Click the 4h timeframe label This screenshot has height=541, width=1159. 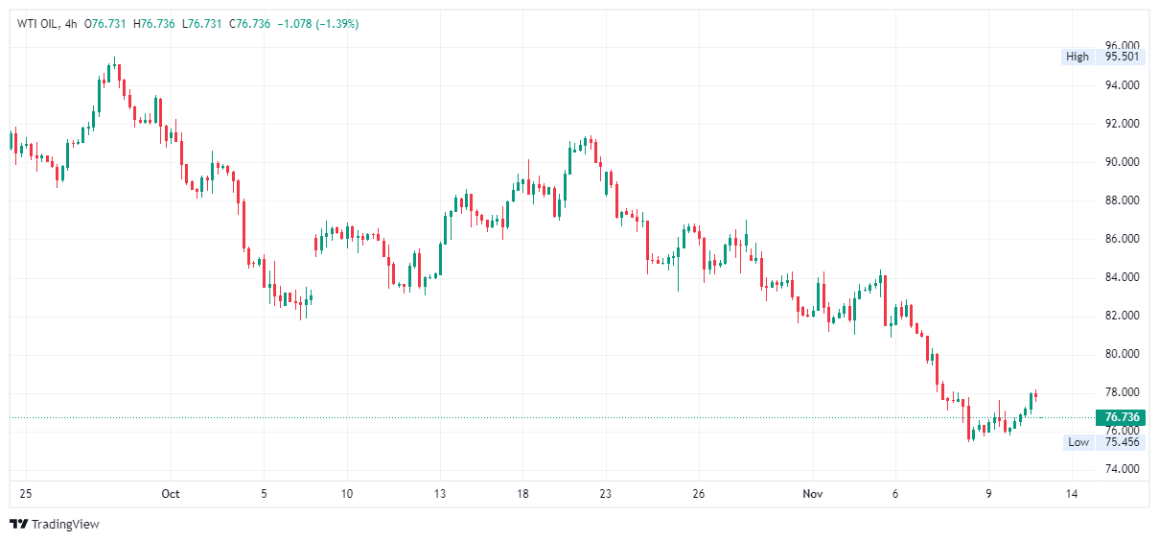tap(71, 24)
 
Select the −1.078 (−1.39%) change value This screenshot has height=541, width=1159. tap(317, 24)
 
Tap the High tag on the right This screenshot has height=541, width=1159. tap(1078, 57)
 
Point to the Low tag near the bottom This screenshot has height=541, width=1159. tap(1078, 442)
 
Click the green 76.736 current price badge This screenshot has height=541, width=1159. tap(1121, 417)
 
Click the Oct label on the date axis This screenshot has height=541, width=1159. tap(171, 495)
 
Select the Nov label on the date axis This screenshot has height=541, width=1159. tap(814, 495)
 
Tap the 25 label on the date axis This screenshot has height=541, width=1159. tap(26, 495)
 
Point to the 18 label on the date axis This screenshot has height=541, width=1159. tap(522, 495)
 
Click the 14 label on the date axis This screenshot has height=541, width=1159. tap(1071, 495)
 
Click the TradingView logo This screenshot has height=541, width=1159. tap(55, 525)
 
